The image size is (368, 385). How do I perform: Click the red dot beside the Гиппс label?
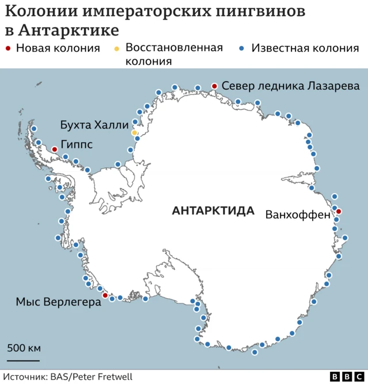tap(55, 149)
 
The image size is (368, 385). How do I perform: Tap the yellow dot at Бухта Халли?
tap(135, 133)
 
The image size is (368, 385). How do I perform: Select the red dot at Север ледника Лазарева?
tap(214, 86)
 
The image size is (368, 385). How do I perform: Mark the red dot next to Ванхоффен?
tap(339, 211)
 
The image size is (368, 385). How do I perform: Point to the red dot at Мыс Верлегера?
tap(105, 295)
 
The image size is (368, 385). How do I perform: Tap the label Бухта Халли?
tap(94, 125)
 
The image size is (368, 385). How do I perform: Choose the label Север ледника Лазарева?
tap(290, 86)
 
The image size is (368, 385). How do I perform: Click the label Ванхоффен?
tap(297, 215)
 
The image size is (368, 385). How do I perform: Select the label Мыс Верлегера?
tap(58, 302)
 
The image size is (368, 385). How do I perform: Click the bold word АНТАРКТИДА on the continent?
tap(213, 211)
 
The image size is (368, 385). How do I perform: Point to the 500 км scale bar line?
tap(23, 360)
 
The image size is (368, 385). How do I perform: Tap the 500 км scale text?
tap(24, 349)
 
